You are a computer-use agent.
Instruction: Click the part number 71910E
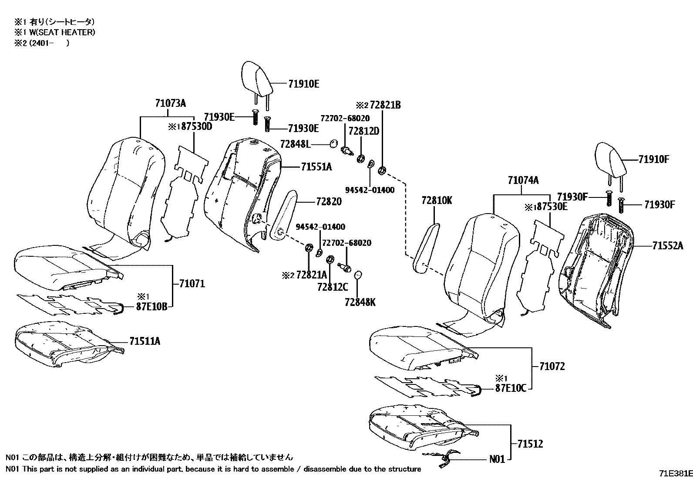click(x=303, y=84)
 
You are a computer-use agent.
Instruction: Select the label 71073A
click(x=170, y=104)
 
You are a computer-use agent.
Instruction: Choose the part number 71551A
click(x=316, y=166)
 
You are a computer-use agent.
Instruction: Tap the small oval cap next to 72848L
click(x=334, y=143)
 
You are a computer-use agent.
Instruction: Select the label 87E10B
click(x=151, y=306)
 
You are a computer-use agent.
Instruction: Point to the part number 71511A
click(x=145, y=341)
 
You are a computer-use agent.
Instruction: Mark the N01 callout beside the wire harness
click(x=497, y=459)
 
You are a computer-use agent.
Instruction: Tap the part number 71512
click(x=530, y=444)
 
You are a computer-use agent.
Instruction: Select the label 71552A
click(x=667, y=246)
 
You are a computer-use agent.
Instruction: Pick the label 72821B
click(x=385, y=105)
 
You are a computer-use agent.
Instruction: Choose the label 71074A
click(x=523, y=180)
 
